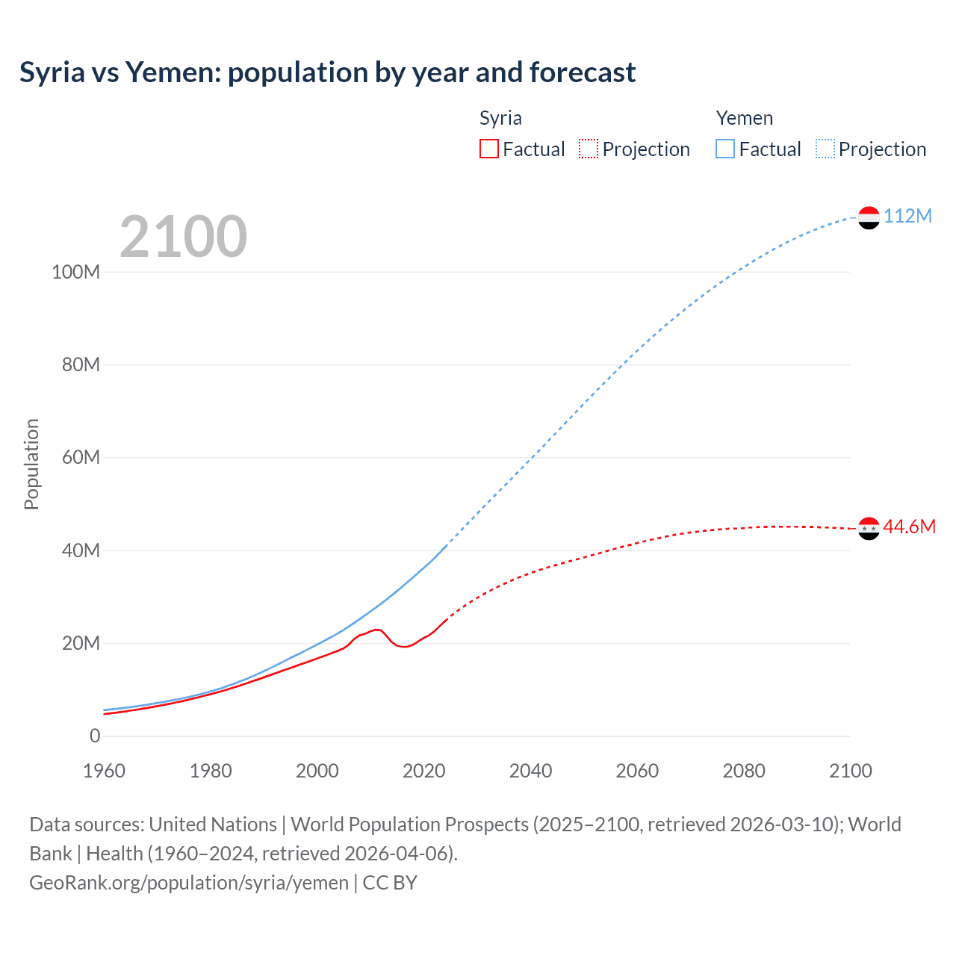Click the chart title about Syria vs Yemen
point(328,72)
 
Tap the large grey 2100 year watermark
point(183,236)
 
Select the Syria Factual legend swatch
point(489,149)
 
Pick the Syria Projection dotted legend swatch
point(589,149)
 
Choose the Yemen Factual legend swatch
point(725,149)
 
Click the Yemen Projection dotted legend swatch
point(825,149)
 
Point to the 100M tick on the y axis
point(75,272)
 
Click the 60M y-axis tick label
point(80,457)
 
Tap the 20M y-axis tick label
point(80,643)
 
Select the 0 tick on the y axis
point(95,736)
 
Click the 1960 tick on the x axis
point(104,771)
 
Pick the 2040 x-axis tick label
point(530,771)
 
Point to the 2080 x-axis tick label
point(744,771)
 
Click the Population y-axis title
point(31,464)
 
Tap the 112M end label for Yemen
point(907,216)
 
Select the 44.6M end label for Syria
point(909,527)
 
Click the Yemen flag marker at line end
point(869,217)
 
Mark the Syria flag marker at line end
point(869,528)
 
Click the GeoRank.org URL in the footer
point(189,882)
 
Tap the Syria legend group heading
point(500,118)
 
